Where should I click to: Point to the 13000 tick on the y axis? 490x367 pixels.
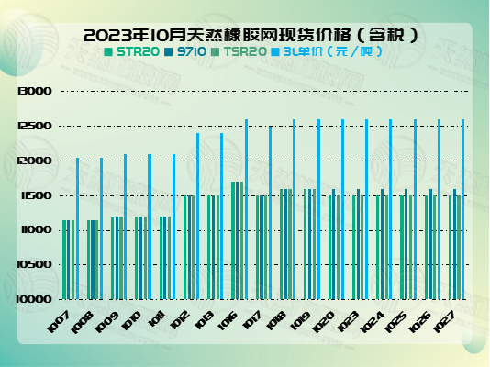[x=33, y=92]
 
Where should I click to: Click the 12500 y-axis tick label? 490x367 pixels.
[x=33, y=127]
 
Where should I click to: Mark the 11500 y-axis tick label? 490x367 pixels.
[x=33, y=195]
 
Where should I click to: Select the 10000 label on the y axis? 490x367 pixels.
[x=33, y=299]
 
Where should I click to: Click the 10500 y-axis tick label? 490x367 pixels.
[x=33, y=264]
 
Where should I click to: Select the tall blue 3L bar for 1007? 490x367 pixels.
[x=76, y=229]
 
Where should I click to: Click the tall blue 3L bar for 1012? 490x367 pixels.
[x=197, y=217]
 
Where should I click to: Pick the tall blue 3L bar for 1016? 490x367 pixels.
[x=246, y=209]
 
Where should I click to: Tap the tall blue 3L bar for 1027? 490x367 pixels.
[x=463, y=209]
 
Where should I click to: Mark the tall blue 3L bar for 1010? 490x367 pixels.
[x=149, y=227]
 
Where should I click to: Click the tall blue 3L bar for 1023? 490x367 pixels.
[x=366, y=209]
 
